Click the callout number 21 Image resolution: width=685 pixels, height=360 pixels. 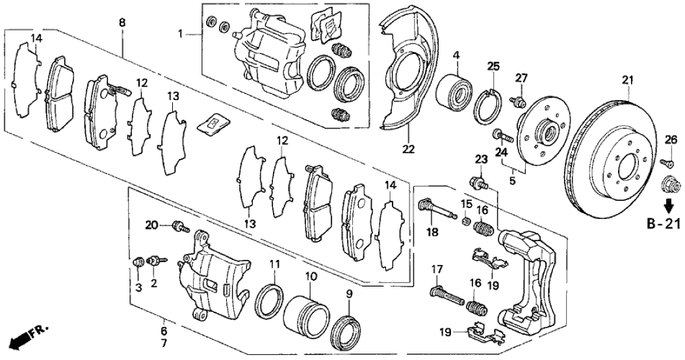(627, 80)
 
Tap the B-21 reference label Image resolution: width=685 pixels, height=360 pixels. (664, 225)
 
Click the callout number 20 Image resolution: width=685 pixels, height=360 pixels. (151, 225)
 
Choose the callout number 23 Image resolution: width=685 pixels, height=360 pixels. (480, 159)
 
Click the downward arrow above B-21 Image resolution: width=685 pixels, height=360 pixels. (667, 207)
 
